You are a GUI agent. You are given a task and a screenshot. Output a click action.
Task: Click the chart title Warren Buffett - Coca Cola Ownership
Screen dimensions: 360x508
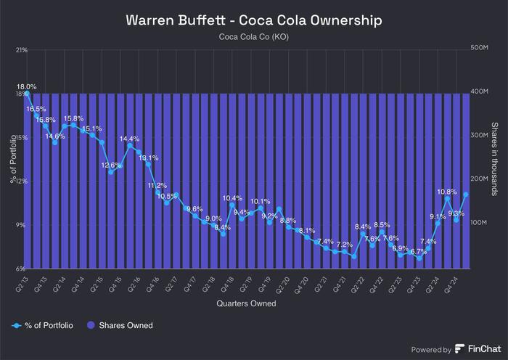pyautogui.click(x=254, y=20)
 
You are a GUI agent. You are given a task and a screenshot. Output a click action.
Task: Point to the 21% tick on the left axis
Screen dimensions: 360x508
pyautogui.click(x=21, y=50)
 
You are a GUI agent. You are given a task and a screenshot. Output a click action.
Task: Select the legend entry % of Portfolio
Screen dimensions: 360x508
pyautogui.click(x=45, y=325)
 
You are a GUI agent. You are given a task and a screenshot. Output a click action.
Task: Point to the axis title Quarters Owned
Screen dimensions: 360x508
pyautogui.click(x=246, y=303)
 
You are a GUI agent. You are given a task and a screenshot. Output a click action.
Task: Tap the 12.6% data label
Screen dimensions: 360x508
pyautogui.click(x=111, y=165)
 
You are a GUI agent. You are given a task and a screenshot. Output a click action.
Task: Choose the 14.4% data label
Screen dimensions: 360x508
pyautogui.click(x=130, y=139)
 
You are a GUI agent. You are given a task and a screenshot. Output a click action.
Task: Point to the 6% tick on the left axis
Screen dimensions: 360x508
pyautogui.click(x=22, y=269)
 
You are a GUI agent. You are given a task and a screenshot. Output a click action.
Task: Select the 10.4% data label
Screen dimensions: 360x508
pyautogui.click(x=232, y=198)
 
